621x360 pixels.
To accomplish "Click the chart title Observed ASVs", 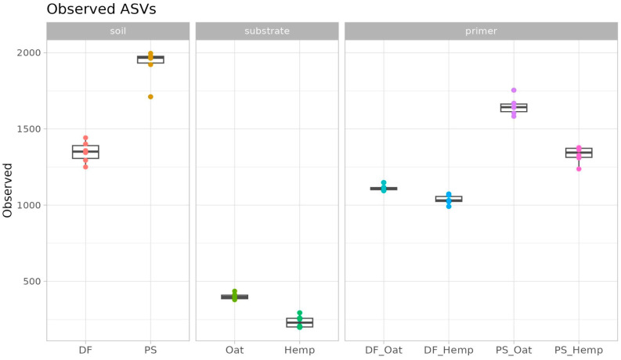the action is (x=101, y=9).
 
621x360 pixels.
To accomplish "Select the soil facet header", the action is (x=118, y=31).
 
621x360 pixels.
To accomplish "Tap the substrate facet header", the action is (x=267, y=31).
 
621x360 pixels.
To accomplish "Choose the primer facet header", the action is (x=481, y=31).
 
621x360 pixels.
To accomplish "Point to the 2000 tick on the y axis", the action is (x=28, y=52).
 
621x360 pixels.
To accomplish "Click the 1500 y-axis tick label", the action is (x=28, y=129).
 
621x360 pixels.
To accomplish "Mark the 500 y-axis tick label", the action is (x=31, y=281).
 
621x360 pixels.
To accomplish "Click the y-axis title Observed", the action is (x=8, y=190).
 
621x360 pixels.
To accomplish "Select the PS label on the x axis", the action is (x=150, y=350).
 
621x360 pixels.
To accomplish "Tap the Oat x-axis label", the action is (x=234, y=350).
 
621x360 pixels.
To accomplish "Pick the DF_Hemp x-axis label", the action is (x=449, y=351).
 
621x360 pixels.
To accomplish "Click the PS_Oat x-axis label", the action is (x=514, y=351).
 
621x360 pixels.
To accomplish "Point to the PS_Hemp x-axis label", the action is (x=579, y=351).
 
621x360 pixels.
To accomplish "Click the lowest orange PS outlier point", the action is (x=150, y=97).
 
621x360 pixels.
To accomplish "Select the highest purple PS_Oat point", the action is (x=514, y=90).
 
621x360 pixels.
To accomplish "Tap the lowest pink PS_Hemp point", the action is (x=579, y=169).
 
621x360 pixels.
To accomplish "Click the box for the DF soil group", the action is (x=85, y=152).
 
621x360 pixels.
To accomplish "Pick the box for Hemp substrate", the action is (x=299, y=322).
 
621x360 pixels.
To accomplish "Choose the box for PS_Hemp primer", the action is (x=579, y=153).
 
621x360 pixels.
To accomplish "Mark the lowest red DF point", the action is (x=85, y=167).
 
